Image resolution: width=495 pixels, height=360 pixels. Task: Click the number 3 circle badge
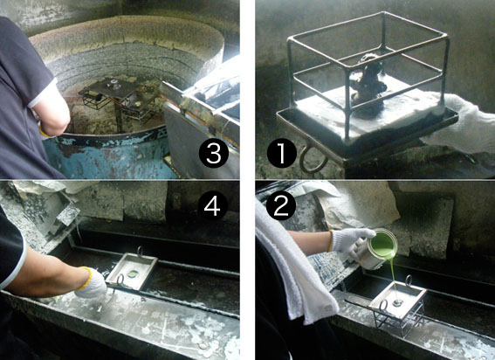[213, 153]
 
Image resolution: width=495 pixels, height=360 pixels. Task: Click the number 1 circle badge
[282, 153]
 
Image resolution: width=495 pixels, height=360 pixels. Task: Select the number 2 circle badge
[281, 205]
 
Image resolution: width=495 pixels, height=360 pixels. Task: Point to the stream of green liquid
[394, 278]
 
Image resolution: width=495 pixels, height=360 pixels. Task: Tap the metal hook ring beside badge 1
[313, 160]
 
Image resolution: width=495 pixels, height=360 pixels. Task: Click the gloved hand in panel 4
[91, 282]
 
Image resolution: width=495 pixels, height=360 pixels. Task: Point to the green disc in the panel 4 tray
[133, 273]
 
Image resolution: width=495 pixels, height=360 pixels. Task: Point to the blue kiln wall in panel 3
[107, 155]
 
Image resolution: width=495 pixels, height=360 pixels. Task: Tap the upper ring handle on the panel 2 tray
[409, 280]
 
